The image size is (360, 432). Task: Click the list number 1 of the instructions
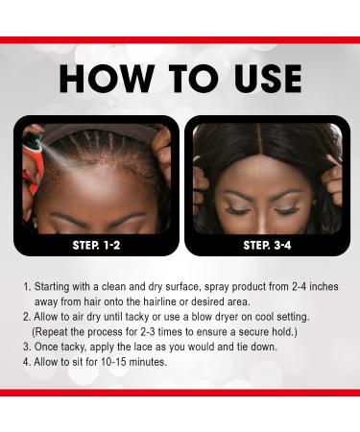[x=27, y=286]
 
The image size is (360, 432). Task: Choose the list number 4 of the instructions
[x=27, y=362]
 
